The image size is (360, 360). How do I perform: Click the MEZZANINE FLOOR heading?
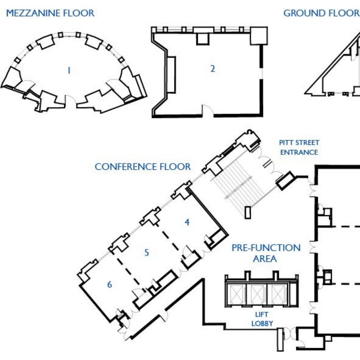click(50, 13)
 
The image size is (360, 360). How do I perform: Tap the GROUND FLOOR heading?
click(321, 13)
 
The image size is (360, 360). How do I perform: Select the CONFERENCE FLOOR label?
click(143, 167)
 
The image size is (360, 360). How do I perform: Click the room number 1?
click(69, 70)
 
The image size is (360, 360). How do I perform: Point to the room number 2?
click(212, 69)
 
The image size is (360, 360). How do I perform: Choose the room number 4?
click(187, 222)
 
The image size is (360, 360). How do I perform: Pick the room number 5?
click(146, 252)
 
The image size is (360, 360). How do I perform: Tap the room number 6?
click(109, 284)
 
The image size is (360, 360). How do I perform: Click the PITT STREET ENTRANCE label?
click(299, 147)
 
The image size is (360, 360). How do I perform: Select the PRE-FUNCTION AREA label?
click(266, 253)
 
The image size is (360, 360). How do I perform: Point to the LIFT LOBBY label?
click(262, 319)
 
